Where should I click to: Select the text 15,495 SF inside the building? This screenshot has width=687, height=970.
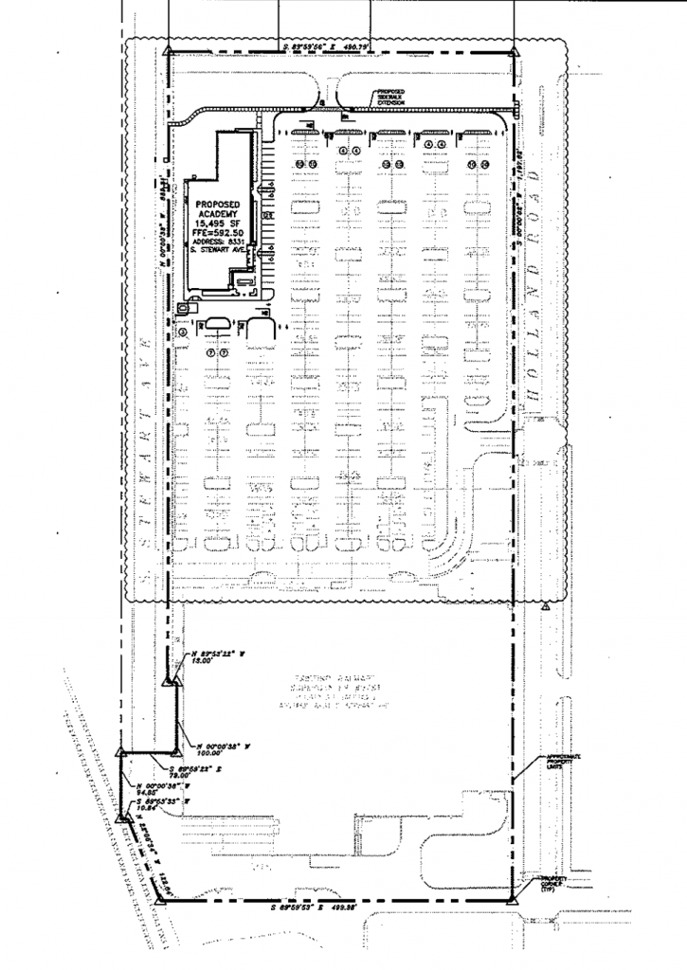pyautogui.click(x=217, y=224)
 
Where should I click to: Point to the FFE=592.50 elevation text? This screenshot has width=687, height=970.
pyautogui.click(x=217, y=233)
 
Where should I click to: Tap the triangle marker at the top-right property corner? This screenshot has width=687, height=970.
pyautogui.click(x=515, y=52)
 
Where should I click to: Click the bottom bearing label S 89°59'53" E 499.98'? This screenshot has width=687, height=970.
pyautogui.click(x=328, y=907)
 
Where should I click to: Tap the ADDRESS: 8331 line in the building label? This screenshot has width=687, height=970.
pyautogui.click(x=217, y=242)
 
